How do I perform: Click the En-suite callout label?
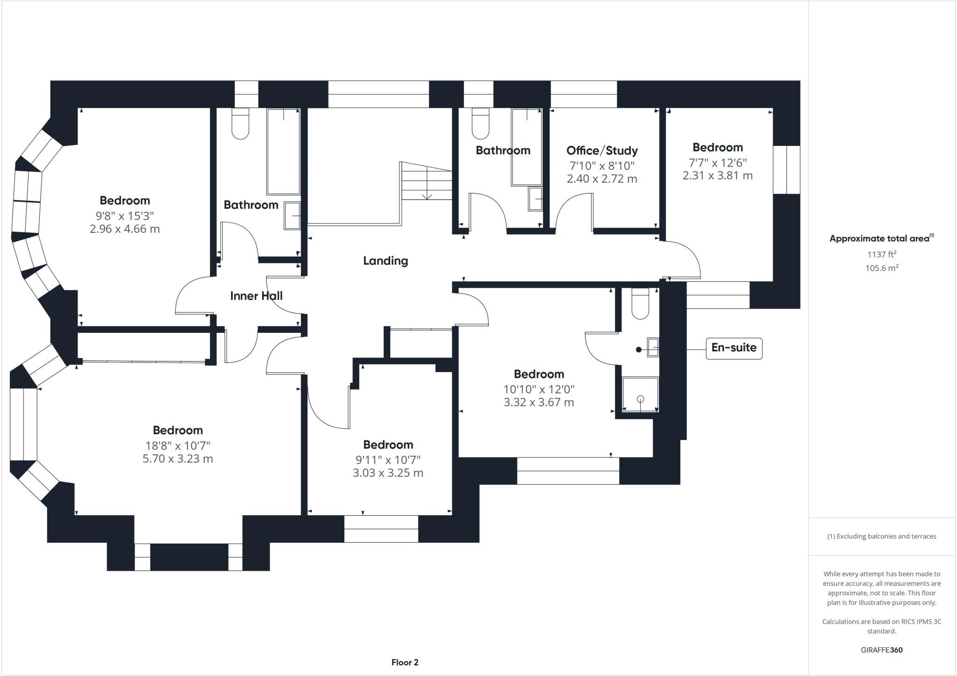[734, 348]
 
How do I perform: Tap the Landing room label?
[386, 261]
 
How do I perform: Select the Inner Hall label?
[256, 296]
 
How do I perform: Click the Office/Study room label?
[602, 151]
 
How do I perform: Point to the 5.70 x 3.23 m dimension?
[178, 459]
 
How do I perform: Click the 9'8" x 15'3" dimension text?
[124, 216]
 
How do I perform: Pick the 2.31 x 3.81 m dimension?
[717, 176]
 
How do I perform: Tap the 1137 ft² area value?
[882, 254]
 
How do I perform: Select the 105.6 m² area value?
[882, 268]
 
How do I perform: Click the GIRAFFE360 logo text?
[881, 650]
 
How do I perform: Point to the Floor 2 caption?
[405, 662]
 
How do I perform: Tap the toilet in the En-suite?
[640, 304]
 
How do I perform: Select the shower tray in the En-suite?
[640, 394]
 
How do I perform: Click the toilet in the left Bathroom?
[241, 124]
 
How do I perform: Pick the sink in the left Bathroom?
[293, 216]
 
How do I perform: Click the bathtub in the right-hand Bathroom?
[527, 147]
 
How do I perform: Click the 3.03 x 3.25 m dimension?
[388, 473]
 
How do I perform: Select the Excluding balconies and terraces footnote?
[882, 536]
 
